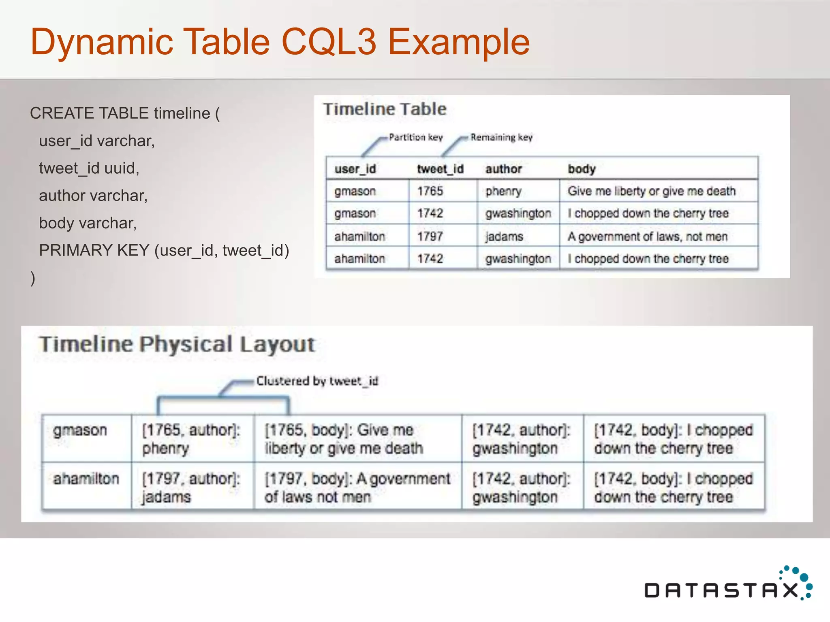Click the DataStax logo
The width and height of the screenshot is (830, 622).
point(727,585)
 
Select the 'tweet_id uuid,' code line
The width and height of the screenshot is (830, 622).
point(89,168)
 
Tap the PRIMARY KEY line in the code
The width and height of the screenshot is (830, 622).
point(164,250)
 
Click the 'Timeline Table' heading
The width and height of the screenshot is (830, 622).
point(385,109)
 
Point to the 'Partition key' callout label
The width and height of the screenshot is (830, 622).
point(415,137)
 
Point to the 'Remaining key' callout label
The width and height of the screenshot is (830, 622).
point(501,137)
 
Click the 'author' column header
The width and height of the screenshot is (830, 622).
point(504,169)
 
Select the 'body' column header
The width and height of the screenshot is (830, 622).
point(582,169)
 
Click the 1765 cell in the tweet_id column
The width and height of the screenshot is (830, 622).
point(430,191)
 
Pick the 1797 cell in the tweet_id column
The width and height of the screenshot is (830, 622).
point(430,236)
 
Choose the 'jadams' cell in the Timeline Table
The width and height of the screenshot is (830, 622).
point(505,236)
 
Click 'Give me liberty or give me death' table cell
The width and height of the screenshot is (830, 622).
point(651,191)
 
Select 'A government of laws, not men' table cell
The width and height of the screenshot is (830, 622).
point(647,236)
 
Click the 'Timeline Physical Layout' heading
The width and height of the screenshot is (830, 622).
point(177,344)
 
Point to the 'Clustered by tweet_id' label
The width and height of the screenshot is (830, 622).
point(317,381)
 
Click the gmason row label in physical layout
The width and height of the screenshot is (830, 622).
point(80,430)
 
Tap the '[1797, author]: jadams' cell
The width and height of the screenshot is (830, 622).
point(191,488)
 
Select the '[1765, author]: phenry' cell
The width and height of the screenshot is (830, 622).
point(191,439)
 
